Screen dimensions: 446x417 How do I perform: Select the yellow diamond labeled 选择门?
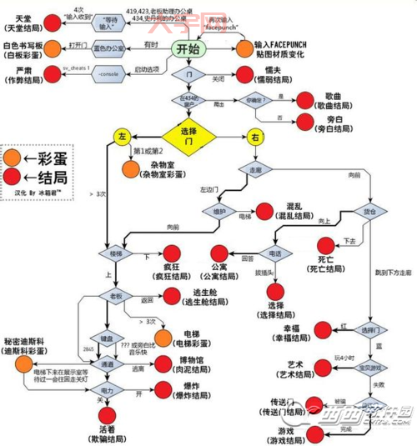click(x=188, y=133)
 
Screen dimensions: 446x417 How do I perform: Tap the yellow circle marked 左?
click(x=122, y=135)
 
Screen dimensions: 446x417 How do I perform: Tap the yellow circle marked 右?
click(x=254, y=135)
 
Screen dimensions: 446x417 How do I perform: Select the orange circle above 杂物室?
click(x=131, y=170)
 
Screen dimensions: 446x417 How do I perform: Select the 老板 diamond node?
click(x=116, y=296)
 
